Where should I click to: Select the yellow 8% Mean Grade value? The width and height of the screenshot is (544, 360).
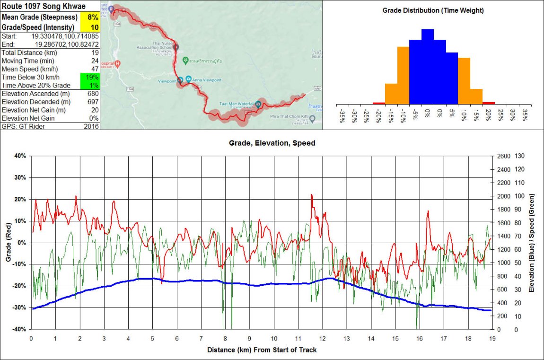pos(92,17)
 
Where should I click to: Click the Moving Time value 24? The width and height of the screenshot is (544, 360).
pos(95,61)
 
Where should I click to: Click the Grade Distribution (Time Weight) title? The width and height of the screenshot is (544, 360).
pos(433,10)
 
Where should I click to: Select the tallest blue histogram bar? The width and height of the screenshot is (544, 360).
pos(427,66)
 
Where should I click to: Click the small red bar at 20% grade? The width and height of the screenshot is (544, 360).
pos(489,103)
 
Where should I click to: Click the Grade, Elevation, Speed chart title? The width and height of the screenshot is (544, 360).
pos(272,142)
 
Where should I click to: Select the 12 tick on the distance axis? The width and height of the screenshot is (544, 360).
pos(323,338)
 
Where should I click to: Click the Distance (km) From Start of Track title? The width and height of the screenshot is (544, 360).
pos(262,350)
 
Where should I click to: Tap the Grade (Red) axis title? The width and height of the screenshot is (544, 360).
pos(8,242)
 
